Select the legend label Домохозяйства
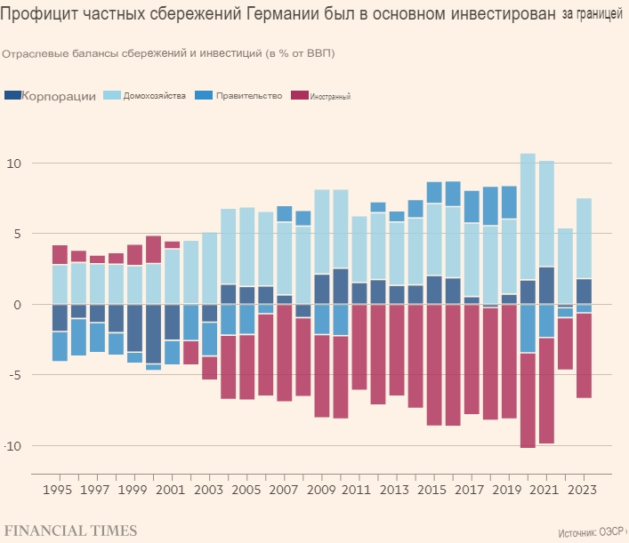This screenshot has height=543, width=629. click(x=155, y=95)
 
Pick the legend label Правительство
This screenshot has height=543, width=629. click(x=249, y=95)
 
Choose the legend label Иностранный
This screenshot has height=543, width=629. click(x=331, y=96)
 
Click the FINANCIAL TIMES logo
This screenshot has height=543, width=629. click(x=70, y=531)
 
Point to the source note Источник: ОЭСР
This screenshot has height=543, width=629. click(x=591, y=533)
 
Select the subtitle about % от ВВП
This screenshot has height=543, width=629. click(x=168, y=53)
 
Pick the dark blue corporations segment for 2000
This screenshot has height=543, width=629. click(x=154, y=333)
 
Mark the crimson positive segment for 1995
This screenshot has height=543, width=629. click(x=60, y=255)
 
